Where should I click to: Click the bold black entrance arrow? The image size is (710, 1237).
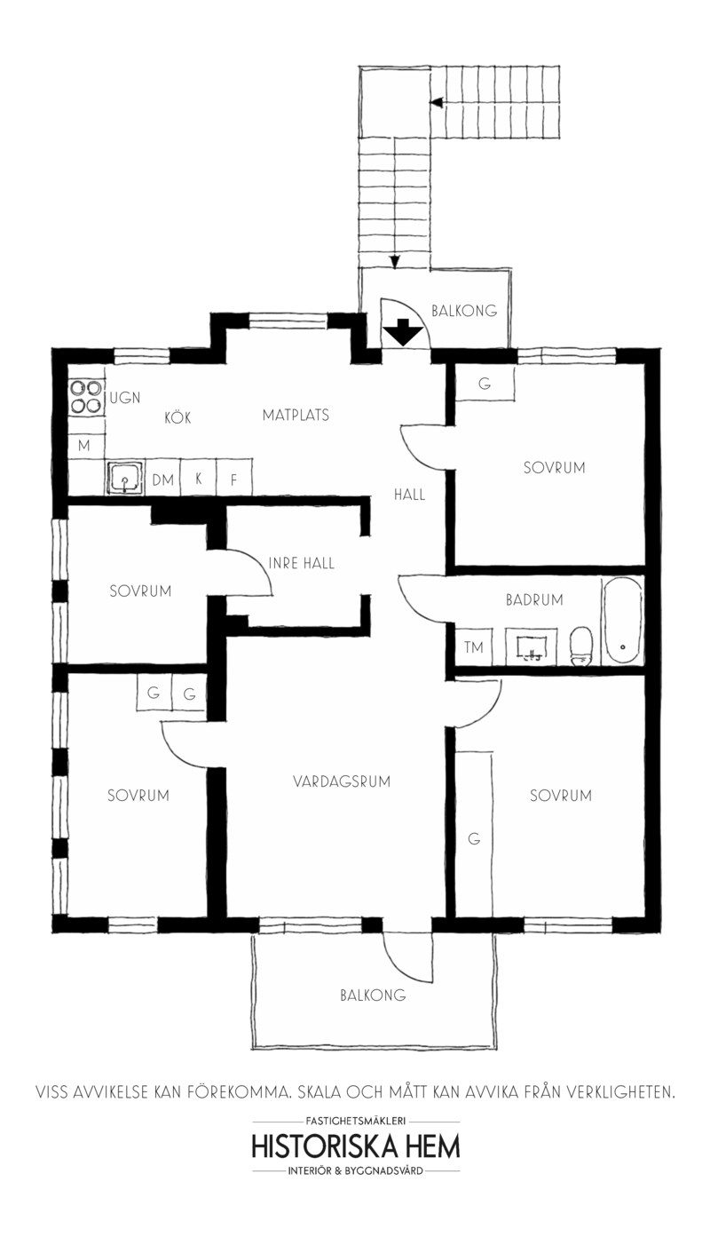click(404, 333)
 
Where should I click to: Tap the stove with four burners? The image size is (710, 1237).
click(86, 396)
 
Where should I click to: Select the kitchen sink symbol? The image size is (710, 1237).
click(125, 479)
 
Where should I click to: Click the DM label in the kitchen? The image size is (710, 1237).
click(162, 480)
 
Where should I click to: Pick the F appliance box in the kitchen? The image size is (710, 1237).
click(234, 480)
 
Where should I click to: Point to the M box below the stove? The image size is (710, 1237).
click(84, 445)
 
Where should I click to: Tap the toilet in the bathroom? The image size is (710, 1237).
click(581, 645)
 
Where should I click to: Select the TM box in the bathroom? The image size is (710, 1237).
click(474, 647)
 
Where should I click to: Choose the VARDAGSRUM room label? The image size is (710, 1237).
click(342, 781)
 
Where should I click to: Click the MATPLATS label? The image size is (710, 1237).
click(296, 414)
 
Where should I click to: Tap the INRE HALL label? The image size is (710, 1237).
click(302, 563)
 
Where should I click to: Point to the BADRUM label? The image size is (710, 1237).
click(534, 599)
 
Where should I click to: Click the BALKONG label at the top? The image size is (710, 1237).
click(463, 311)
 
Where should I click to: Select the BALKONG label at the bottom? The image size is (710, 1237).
click(373, 995)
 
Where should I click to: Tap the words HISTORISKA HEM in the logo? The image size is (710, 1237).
click(356, 1146)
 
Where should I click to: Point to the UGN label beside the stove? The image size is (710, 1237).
click(125, 397)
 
